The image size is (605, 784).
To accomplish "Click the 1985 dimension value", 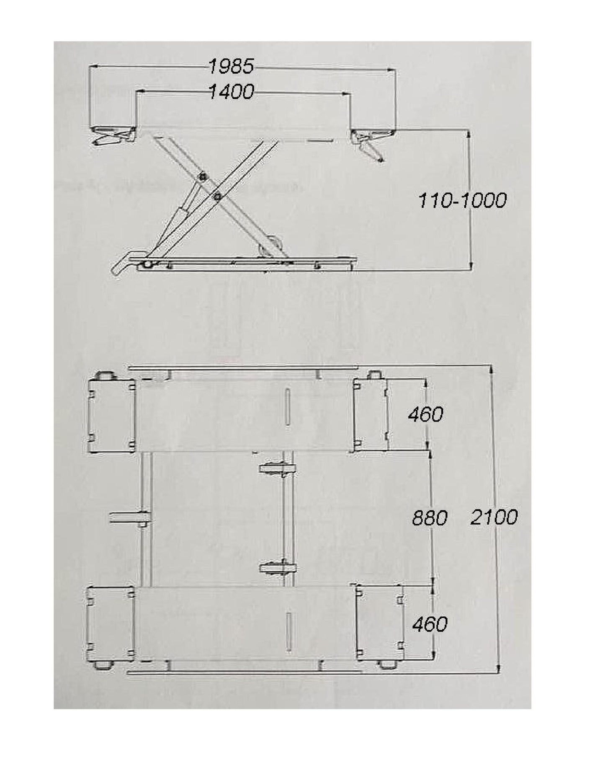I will [x=231, y=66].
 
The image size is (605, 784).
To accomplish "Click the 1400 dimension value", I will [x=231, y=92].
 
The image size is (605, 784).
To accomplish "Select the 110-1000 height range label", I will [x=462, y=201].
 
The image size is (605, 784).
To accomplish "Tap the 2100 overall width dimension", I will [x=494, y=517].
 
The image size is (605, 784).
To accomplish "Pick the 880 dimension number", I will [x=430, y=518].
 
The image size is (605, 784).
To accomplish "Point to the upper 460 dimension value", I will [x=425, y=415].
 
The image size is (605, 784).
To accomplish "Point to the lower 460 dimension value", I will [x=430, y=624].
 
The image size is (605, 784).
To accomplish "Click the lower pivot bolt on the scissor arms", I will [x=217, y=196].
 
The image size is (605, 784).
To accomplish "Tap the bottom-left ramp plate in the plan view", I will [x=111, y=624].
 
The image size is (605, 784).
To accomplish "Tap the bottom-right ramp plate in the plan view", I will [x=379, y=623].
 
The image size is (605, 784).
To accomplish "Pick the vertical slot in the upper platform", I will [x=287, y=408].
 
